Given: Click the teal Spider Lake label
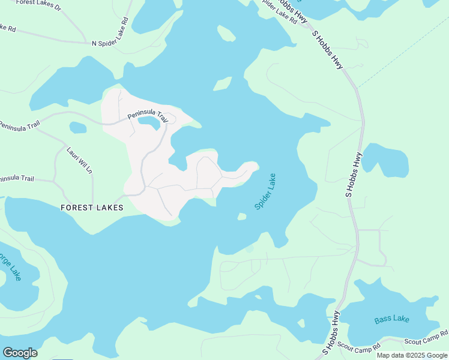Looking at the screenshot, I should [265, 191].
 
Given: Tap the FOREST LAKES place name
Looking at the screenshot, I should [92, 208].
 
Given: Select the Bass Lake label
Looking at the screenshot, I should [391, 319].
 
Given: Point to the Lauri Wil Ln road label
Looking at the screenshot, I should [80, 160].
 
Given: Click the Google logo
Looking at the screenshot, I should [20, 353].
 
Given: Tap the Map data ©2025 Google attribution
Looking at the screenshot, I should [412, 355].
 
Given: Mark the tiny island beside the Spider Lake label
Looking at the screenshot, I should [242, 217].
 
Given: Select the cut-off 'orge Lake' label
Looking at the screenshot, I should [11, 266].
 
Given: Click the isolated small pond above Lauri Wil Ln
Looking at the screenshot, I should [78, 127].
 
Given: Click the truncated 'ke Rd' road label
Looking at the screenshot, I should [8, 28].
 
